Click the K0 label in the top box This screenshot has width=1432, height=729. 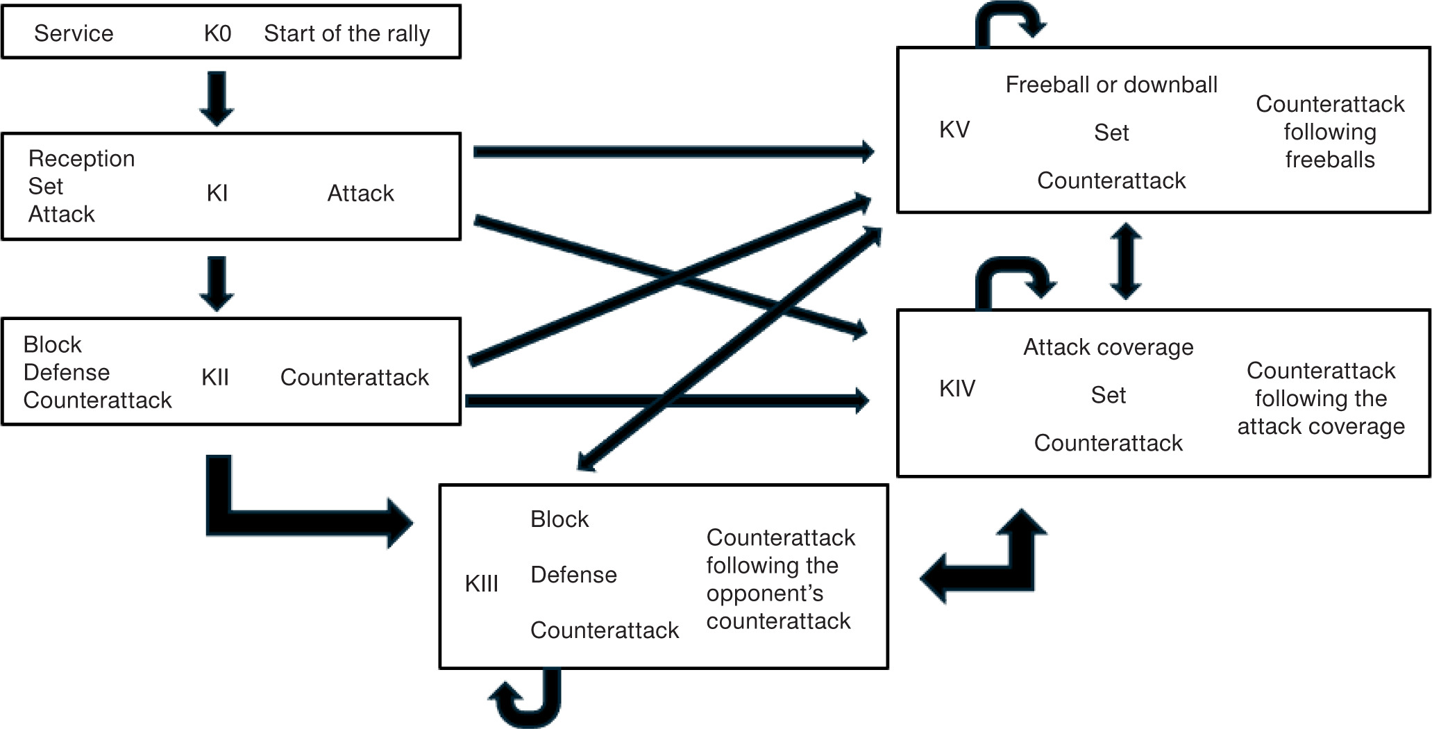click(217, 33)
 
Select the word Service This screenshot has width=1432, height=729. click(74, 33)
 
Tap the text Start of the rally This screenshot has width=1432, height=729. click(346, 33)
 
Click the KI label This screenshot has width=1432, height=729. click(217, 193)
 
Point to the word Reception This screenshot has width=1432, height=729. click(81, 159)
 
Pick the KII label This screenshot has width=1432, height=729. click(215, 378)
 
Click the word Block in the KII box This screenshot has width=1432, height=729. click(52, 345)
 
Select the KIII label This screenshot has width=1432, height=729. click(482, 584)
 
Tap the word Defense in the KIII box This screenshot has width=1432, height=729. click(573, 575)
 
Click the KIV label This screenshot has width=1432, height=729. click(957, 389)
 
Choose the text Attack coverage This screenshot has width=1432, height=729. click(1108, 347)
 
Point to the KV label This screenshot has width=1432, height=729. click(954, 130)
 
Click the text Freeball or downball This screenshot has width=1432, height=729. click(1111, 85)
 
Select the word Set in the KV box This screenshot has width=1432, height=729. click(1111, 133)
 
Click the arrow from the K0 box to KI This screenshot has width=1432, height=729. click(217, 98)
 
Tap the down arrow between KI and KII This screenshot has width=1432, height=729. click(217, 283)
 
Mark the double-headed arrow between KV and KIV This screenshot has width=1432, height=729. click(1126, 261)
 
